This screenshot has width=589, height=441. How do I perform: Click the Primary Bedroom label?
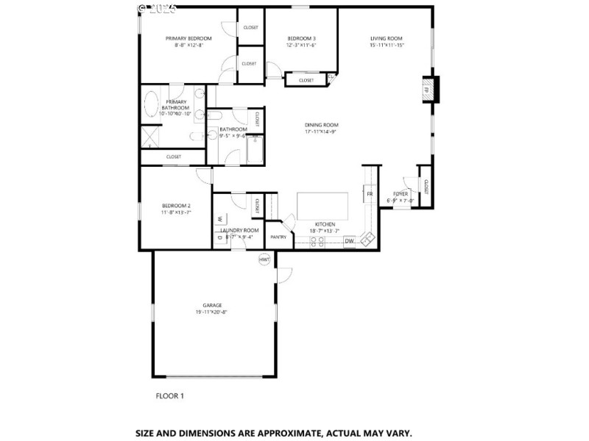point(188,38)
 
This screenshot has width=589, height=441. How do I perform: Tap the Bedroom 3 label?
point(301,38)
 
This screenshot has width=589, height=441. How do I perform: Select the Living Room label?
point(387,38)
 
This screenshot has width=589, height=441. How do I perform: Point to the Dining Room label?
point(321,125)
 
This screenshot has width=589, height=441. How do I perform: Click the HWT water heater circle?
point(264,260)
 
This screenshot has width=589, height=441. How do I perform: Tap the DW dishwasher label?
point(350,240)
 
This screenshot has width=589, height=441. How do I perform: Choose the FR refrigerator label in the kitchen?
point(370,193)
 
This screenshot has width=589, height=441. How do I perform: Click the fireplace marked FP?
point(426,90)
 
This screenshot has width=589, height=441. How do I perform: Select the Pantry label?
point(278,237)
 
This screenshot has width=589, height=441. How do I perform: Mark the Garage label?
point(212,305)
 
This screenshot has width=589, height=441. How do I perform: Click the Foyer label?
point(401,193)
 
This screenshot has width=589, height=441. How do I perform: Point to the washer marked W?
point(221,218)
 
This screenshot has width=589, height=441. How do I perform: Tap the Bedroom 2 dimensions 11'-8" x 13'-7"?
point(177,212)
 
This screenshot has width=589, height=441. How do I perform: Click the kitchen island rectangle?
point(322,203)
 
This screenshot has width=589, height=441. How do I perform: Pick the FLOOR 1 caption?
point(169,396)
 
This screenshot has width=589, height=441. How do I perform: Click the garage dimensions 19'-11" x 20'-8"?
point(212,312)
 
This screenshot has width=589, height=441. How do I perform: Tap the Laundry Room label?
point(239,230)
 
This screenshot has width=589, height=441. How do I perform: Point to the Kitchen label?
point(325,223)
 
